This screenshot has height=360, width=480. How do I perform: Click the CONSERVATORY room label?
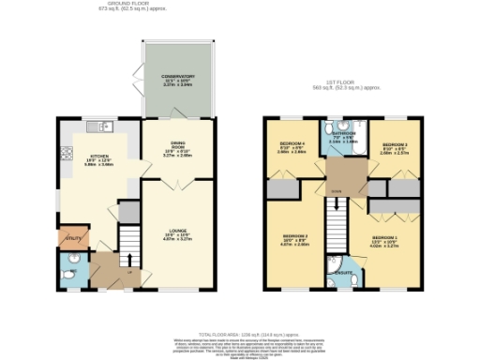pos(176,76)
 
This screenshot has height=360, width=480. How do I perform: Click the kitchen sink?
pos(95,127)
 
